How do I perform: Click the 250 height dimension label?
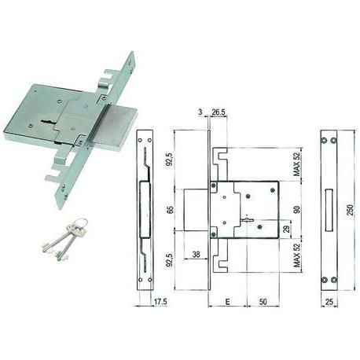(350, 210)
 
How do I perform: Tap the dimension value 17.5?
(160, 302)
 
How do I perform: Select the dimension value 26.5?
(219, 112)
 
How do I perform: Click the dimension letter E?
(227, 302)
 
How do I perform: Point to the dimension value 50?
(263, 302)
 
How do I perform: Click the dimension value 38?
(196, 254)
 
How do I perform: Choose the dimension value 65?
(171, 210)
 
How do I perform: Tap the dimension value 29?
(287, 229)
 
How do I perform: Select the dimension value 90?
(297, 210)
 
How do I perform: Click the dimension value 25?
(329, 302)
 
